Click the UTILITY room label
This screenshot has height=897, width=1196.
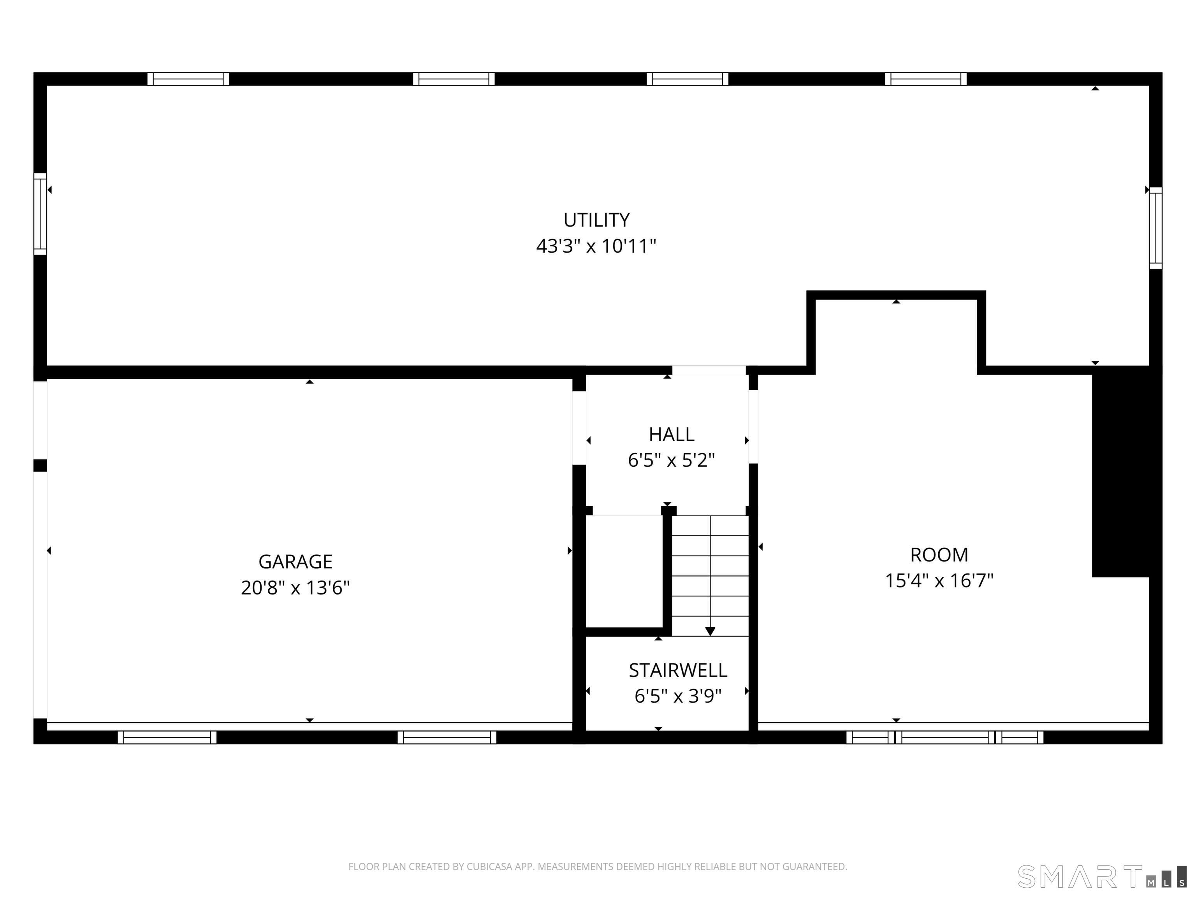point(596,220)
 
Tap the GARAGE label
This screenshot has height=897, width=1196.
point(295,562)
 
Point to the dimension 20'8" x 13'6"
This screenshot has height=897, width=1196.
point(295,588)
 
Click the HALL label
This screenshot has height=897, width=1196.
point(672,434)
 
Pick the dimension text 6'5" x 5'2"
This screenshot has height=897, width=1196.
point(672,461)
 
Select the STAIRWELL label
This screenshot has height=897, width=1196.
point(678,670)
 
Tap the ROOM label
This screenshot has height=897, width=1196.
point(939,555)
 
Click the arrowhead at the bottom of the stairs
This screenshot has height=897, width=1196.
point(710,631)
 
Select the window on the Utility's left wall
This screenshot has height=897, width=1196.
point(40,214)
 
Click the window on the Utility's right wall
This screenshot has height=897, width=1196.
point(1156,228)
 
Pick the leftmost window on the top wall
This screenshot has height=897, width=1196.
point(188,79)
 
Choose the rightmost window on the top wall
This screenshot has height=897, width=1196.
point(926,79)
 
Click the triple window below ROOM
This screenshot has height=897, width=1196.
point(944,737)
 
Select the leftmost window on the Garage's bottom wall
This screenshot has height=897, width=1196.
point(167,737)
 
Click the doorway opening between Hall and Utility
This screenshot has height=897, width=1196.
point(709,370)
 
